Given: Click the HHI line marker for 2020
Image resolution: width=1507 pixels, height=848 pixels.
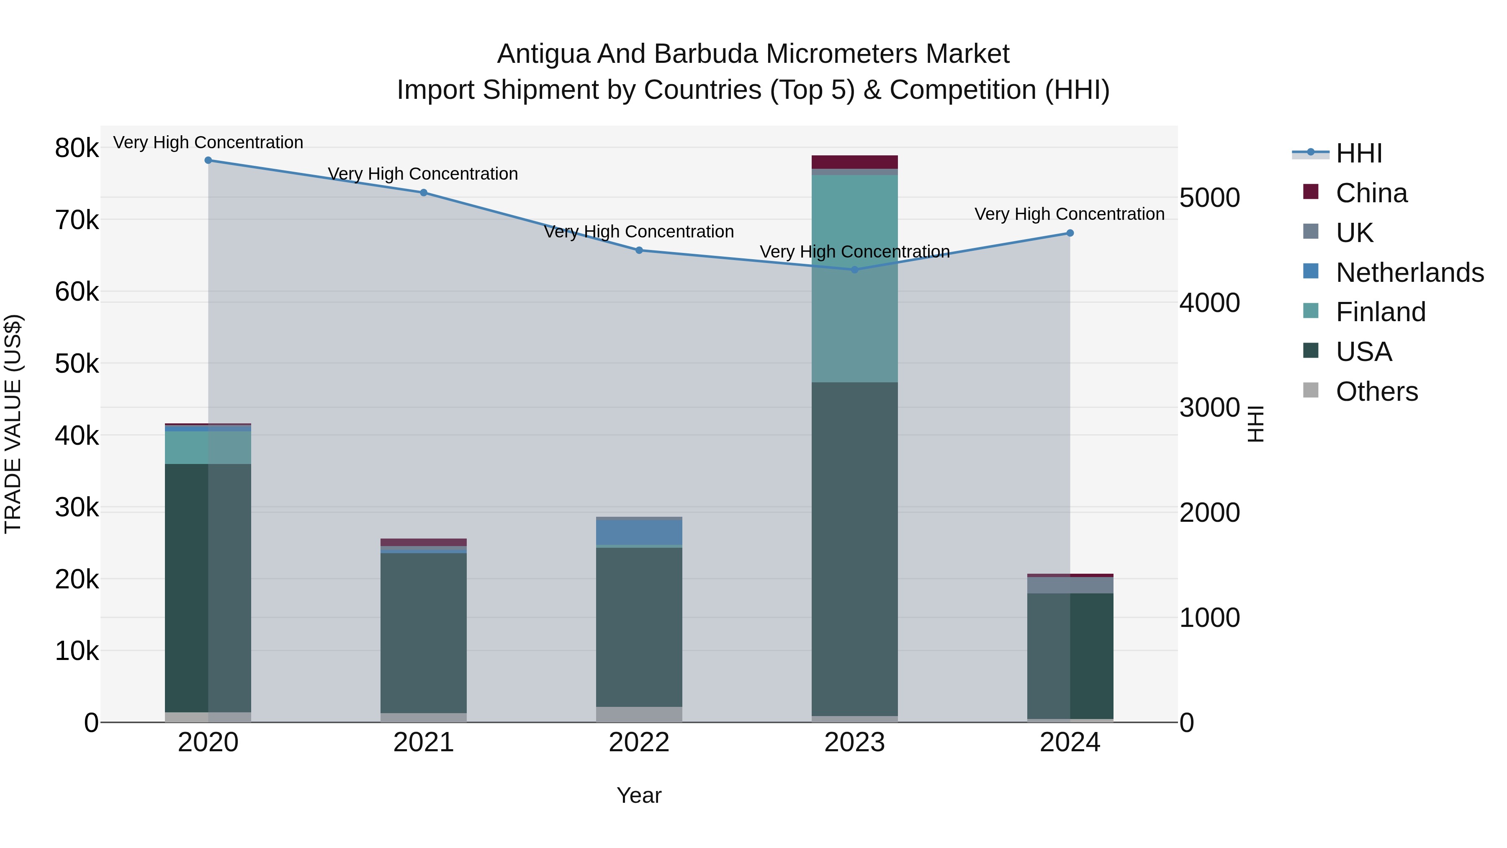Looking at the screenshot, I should [x=208, y=160].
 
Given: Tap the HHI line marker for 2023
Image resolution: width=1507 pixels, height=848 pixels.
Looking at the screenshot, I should [x=855, y=270].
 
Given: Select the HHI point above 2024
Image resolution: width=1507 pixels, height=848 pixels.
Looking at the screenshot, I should [x=1070, y=233].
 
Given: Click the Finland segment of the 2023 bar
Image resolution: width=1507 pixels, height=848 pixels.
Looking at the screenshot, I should [x=855, y=278].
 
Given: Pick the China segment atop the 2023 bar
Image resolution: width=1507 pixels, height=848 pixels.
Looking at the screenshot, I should [x=855, y=162].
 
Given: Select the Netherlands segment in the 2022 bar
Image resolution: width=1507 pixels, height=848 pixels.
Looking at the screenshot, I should [x=639, y=533].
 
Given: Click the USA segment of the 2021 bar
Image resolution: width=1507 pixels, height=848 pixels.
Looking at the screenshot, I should [x=424, y=632].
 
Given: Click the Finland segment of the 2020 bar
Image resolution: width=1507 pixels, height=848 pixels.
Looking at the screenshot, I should [x=208, y=448].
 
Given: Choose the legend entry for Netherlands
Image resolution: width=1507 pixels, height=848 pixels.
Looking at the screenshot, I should [x=1409, y=273].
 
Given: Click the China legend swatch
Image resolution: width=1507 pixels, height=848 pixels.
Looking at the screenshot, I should [x=1311, y=192].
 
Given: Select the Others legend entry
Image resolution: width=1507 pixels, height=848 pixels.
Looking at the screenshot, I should [x=1376, y=392].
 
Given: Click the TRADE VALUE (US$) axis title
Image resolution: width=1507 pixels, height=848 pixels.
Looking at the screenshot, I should [x=13, y=424].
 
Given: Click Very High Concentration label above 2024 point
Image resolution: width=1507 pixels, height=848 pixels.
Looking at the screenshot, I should [x=1070, y=214].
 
